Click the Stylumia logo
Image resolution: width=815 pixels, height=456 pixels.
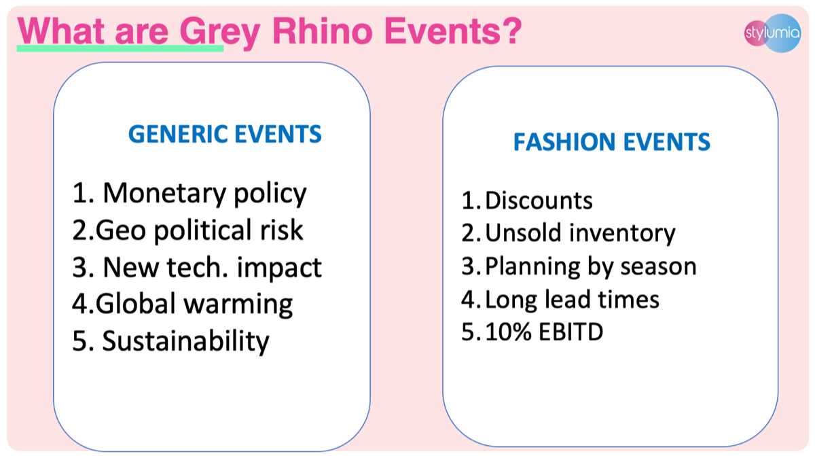tap(772, 33)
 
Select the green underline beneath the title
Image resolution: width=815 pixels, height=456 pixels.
tap(120, 48)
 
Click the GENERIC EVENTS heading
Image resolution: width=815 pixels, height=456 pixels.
tap(225, 134)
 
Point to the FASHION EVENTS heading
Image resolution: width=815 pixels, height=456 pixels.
tap(612, 141)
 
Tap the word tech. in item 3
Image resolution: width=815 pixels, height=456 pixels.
tap(197, 267)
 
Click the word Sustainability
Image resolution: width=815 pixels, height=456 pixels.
tap(185, 341)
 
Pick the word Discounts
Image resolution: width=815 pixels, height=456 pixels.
tap(539, 200)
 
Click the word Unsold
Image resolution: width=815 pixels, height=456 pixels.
tap(523, 232)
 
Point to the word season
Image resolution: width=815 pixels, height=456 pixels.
tap(658, 267)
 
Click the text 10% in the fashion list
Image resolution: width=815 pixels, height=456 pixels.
tap(508, 332)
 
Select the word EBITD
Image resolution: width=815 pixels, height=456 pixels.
tap(570, 332)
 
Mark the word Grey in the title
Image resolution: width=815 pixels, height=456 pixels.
tap(219, 33)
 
